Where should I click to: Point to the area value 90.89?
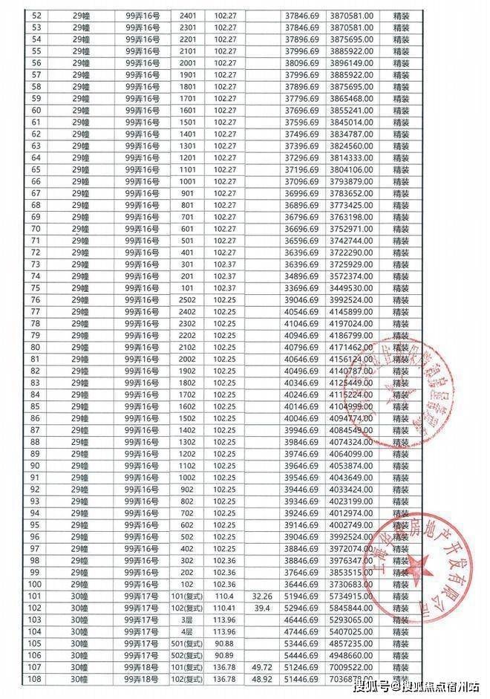[x=223, y=654]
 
